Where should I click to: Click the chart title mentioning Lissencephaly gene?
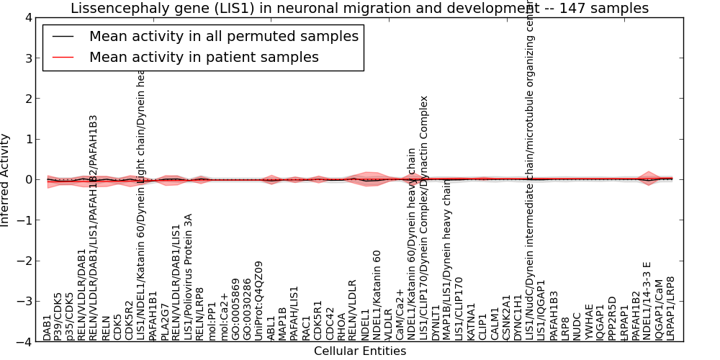tap(359, 8)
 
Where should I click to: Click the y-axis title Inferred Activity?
tap(6, 179)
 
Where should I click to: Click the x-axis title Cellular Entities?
tap(359, 351)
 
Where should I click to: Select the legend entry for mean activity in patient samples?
tap(204, 57)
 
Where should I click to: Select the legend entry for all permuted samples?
tap(223, 37)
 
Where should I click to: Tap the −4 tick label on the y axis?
tap(24, 342)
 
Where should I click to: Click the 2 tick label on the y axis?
tap(27, 99)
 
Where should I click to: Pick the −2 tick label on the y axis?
tap(24, 261)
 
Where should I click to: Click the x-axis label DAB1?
tap(48, 328)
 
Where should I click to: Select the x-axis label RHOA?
tap(341, 325)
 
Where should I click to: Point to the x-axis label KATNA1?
tap(472, 321)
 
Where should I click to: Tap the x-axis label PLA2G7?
tap(165, 323)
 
